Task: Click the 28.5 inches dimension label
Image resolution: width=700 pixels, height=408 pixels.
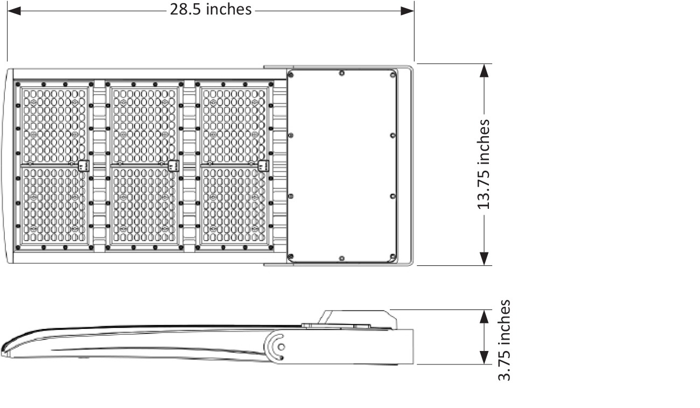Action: point(211,10)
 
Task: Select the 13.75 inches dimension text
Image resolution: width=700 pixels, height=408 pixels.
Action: point(484,164)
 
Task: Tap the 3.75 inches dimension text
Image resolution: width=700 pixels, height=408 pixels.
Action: point(504,340)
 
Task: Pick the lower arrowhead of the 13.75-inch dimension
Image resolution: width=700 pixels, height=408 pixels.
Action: point(485,258)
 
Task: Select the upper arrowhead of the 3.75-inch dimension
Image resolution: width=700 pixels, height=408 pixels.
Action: point(484,316)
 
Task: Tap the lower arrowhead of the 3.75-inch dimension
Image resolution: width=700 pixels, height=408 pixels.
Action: point(484,357)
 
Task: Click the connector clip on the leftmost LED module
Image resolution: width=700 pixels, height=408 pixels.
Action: point(83,166)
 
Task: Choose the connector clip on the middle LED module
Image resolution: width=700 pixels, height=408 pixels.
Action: point(173,166)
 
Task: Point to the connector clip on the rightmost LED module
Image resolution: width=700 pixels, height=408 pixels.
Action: point(263,166)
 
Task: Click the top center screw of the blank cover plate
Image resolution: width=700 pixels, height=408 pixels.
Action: point(341,74)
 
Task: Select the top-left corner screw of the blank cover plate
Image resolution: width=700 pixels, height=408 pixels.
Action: point(291,74)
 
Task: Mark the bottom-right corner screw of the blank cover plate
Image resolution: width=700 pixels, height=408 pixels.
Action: point(393,256)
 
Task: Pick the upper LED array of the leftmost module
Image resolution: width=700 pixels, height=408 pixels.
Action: point(54,124)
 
